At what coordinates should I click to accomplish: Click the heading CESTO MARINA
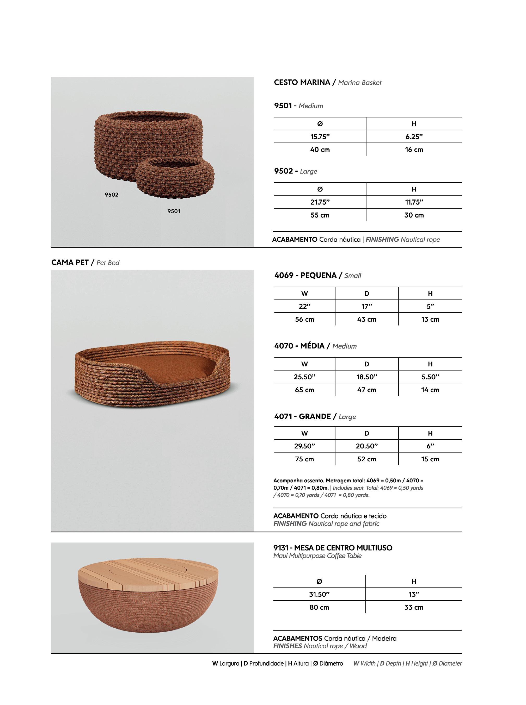coord(302,82)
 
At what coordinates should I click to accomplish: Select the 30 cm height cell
coord(414,215)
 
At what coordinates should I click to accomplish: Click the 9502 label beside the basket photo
coord(112,195)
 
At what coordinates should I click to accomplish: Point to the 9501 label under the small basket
coord(174,211)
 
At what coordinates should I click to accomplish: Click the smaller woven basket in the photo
coord(175,178)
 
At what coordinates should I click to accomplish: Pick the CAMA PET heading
coord(70,263)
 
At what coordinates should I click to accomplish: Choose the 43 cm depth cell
coord(366,319)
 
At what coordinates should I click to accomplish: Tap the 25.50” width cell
coord(304,377)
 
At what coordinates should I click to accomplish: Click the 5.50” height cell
coord(430,377)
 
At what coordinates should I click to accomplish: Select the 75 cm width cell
coord(304,459)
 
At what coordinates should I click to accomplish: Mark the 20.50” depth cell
coord(366,446)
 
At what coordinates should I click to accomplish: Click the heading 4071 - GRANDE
coord(302,416)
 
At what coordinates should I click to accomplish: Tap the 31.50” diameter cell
coord(319,594)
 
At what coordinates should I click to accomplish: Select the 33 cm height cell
coord(414,607)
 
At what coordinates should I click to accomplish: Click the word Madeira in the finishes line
coord(384,638)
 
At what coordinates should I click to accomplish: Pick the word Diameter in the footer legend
coord(450,663)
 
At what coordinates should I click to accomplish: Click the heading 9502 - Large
coord(296,171)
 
